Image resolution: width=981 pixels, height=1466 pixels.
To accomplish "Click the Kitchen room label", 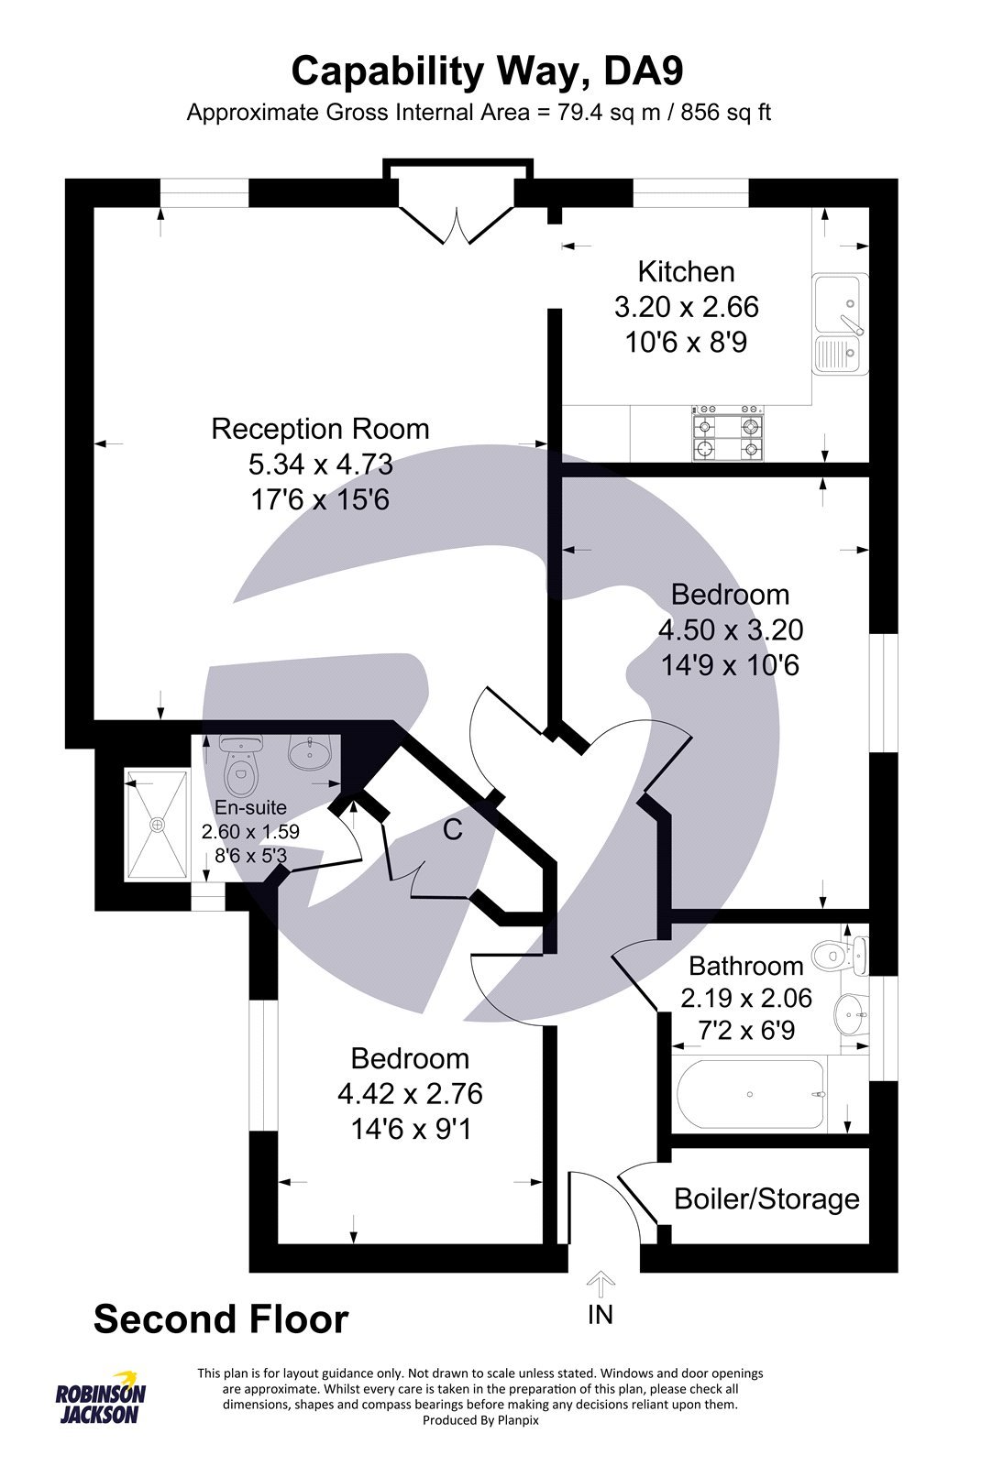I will pyautogui.click(x=686, y=272).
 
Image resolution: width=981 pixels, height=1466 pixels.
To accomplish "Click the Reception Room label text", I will pyautogui.click(x=320, y=429).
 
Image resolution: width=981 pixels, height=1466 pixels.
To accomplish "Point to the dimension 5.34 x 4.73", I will pyautogui.click(x=320, y=465).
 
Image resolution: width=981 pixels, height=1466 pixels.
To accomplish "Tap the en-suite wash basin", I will pyautogui.click(x=311, y=753).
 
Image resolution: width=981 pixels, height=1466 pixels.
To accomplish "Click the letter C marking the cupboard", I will pyautogui.click(x=452, y=830).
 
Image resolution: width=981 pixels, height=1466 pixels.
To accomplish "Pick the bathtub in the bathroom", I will pyautogui.click(x=750, y=1095).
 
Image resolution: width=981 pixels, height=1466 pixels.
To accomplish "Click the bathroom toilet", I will pyautogui.click(x=838, y=955).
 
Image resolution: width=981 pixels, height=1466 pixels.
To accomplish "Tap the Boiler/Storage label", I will pyautogui.click(x=766, y=1199).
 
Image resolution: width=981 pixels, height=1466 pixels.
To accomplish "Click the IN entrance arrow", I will pyautogui.click(x=600, y=1283).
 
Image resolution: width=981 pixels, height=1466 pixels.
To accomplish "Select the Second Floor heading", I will pyautogui.click(x=221, y=1320).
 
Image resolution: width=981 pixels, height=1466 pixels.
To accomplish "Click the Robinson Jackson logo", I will pyautogui.click(x=100, y=1398).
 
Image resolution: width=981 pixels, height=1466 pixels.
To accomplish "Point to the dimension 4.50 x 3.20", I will pyautogui.click(x=730, y=630).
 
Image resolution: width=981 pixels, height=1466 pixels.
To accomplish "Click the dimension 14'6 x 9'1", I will pyautogui.click(x=410, y=1130).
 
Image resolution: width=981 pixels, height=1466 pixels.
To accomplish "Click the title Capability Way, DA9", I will pyautogui.click(x=487, y=71).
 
